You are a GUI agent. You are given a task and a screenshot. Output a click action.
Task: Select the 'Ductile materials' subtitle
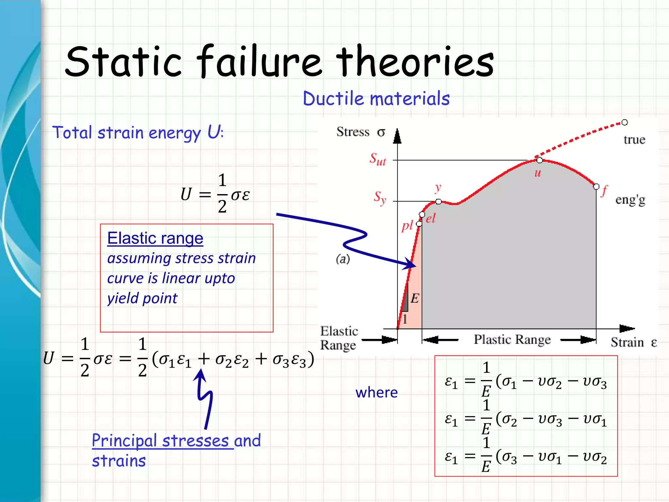[x=376, y=98]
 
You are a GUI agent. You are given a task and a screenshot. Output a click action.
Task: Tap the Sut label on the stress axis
[x=378, y=159]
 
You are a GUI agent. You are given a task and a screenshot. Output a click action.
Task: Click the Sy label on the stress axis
[x=380, y=197]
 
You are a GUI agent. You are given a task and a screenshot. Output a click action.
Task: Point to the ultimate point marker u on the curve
[x=540, y=160]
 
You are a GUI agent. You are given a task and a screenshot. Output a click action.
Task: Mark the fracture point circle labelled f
[x=596, y=187]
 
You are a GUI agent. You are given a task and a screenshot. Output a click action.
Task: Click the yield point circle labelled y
[x=439, y=201]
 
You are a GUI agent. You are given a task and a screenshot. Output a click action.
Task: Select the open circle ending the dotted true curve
[x=625, y=123]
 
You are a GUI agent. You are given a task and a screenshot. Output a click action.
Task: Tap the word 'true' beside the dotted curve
[x=634, y=140]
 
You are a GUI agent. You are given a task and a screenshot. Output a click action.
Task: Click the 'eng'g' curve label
[x=630, y=200]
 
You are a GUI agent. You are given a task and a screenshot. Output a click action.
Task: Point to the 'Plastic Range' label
[x=512, y=340]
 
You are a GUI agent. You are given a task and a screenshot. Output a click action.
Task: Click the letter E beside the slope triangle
[x=415, y=298]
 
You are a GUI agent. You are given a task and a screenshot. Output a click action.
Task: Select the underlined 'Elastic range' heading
[x=155, y=238]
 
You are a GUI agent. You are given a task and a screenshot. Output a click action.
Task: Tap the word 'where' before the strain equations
[x=377, y=393]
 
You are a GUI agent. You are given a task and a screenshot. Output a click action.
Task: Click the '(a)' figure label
[x=343, y=259]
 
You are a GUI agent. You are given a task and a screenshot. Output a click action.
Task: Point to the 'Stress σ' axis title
[x=361, y=132]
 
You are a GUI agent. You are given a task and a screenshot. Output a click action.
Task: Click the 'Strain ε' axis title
[x=633, y=343]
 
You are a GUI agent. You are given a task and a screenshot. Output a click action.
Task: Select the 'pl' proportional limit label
[x=407, y=226]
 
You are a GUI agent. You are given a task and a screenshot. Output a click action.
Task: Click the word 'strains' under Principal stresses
[x=119, y=461]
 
